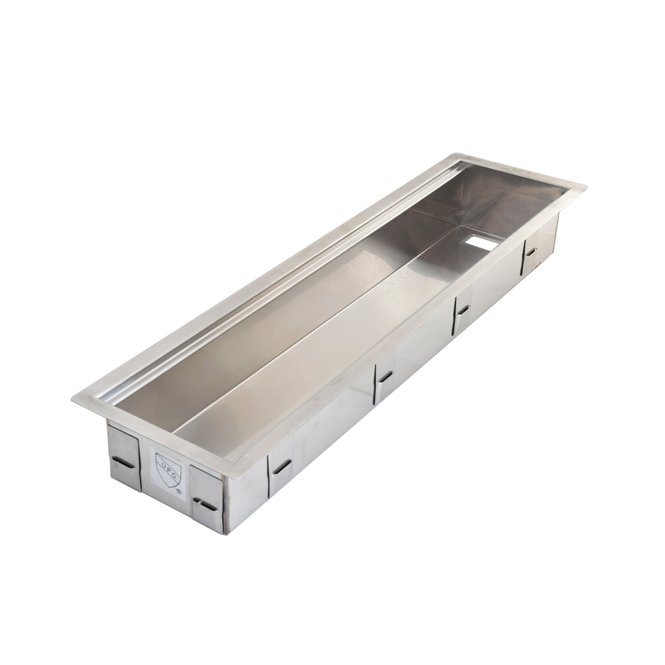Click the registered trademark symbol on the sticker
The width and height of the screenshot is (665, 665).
(179, 491)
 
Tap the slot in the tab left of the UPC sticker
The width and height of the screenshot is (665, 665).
(124, 462)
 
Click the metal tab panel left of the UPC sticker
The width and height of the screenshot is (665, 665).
(124, 456)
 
